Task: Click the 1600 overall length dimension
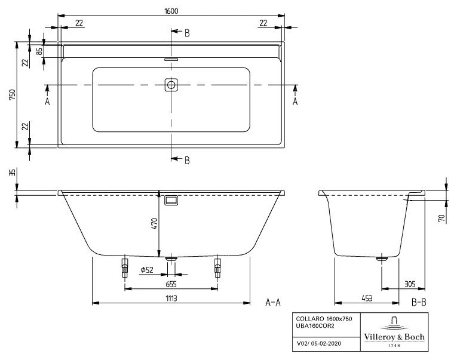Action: [171, 10]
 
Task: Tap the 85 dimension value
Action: [39, 51]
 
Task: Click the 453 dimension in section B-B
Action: [357, 297]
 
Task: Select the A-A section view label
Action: [273, 303]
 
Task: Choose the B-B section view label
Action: [419, 303]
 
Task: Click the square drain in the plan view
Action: [171, 85]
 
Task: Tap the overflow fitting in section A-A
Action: [171, 201]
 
